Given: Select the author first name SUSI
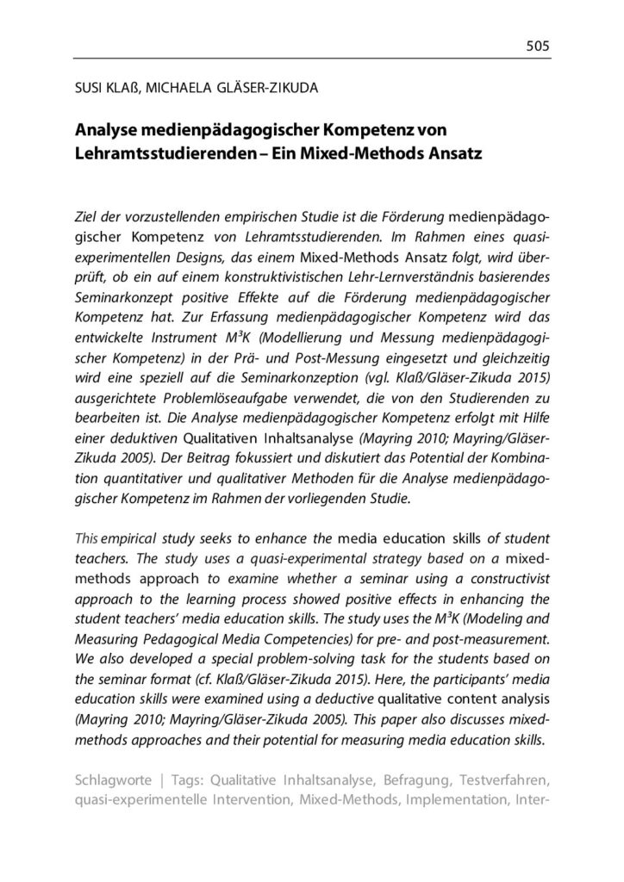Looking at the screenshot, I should coord(88,90).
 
